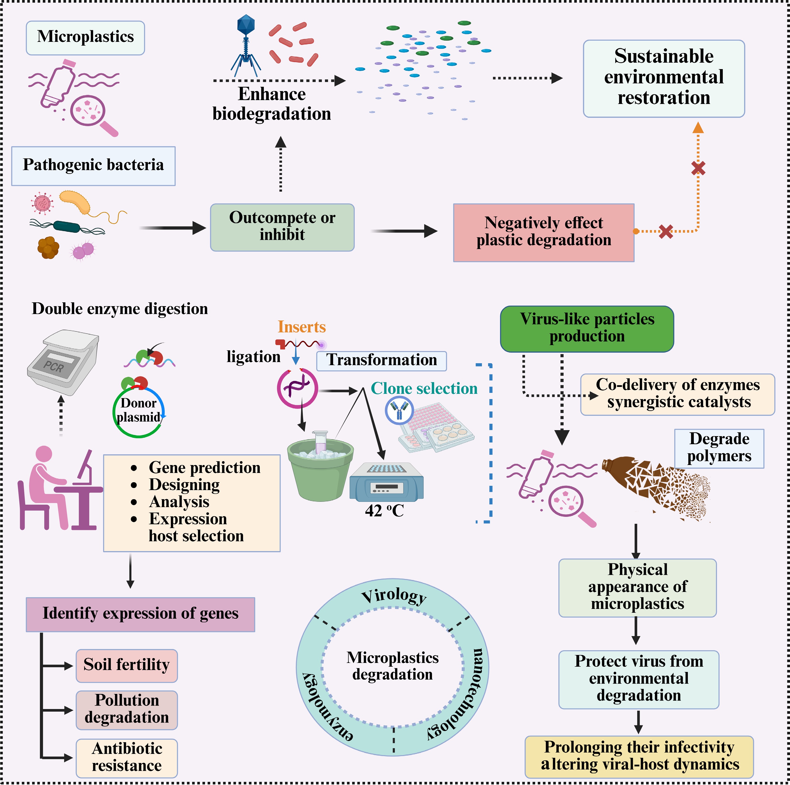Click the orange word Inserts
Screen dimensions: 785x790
(302, 327)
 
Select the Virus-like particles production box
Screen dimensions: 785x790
(587, 329)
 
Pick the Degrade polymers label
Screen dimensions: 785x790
(719, 448)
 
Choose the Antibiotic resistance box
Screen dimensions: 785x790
(127, 757)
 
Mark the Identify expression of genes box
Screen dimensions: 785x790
(140, 614)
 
